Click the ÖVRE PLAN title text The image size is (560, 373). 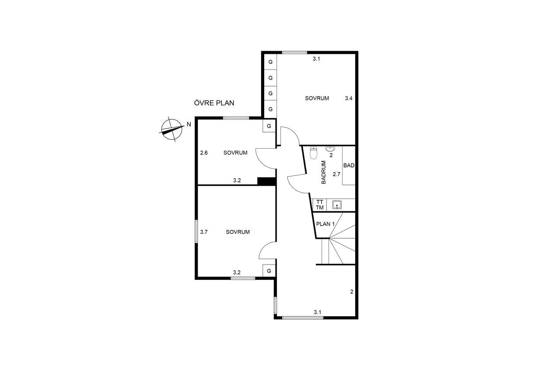(214, 103)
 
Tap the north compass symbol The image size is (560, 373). (171, 129)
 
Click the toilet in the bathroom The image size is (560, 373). (313, 153)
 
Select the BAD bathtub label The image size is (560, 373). (349, 165)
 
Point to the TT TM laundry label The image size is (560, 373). (320, 205)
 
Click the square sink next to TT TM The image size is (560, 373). (337, 205)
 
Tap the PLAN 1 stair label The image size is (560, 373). (325, 224)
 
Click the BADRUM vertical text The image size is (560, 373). (323, 172)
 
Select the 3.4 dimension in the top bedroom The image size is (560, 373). (349, 98)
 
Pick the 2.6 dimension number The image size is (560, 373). (204, 153)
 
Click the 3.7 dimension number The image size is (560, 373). (204, 232)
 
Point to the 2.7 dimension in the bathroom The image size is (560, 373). (336, 174)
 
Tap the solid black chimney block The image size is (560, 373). (266, 181)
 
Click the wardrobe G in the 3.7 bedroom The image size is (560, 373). (269, 271)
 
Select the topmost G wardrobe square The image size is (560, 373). (270, 62)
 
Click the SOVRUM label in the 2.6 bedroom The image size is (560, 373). (235, 153)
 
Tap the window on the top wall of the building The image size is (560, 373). (294, 52)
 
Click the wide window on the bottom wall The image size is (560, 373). (303, 318)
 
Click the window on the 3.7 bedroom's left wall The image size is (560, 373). (196, 231)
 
